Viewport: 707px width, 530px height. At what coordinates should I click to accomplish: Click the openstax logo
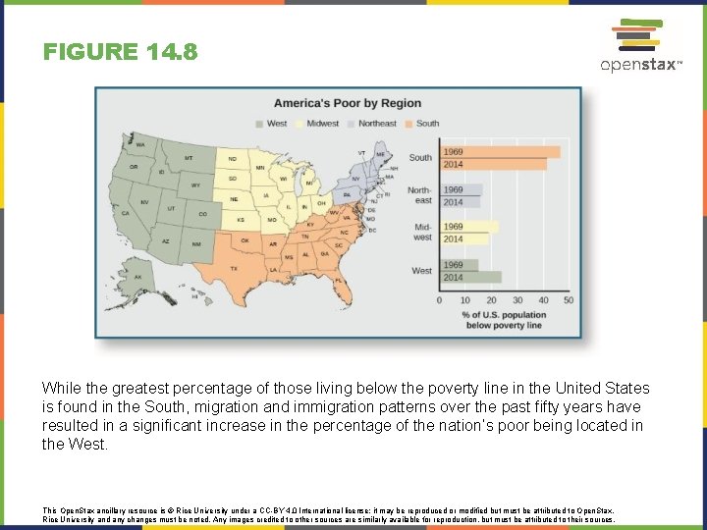click(x=639, y=47)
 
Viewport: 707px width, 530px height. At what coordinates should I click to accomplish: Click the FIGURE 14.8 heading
click(x=120, y=52)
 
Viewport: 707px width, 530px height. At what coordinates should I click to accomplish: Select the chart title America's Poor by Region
click(x=347, y=103)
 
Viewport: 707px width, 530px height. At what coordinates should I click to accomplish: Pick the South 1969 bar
click(x=500, y=152)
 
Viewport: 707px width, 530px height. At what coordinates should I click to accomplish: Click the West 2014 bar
click(x=470, y=278)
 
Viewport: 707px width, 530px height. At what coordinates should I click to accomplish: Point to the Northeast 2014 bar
click(x=461, y=202)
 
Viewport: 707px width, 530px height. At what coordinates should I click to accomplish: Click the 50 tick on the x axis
click(x=569, y=300)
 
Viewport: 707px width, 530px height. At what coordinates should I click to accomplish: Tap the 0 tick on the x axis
click(x=440, y=300)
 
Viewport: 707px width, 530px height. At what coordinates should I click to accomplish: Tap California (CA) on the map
click(x=127, y=213)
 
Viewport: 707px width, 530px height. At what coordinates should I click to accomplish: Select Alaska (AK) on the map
click(x=138, y=276)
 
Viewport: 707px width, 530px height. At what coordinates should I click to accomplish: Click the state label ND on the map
click(x=233, y=159)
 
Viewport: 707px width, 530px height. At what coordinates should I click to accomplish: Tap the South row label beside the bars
click(x=420, y=157)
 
